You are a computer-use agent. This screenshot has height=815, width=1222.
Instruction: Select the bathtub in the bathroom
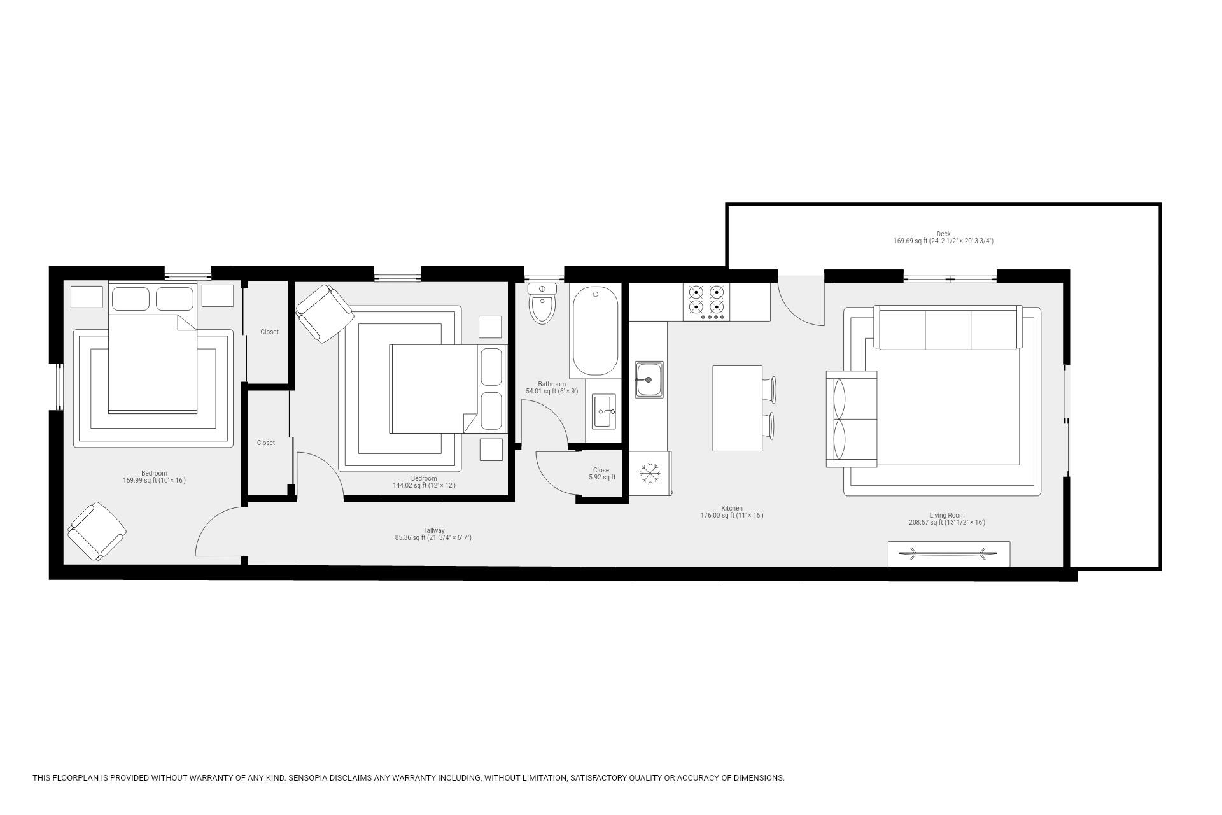pos(595,331)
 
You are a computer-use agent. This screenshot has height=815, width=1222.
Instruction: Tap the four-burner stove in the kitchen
pos(706,302)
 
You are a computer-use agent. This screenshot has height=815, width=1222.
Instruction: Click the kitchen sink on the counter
pos(649,379)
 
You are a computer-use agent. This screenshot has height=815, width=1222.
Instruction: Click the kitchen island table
pos(737,408)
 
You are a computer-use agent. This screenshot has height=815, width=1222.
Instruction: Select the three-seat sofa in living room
pos(948,328)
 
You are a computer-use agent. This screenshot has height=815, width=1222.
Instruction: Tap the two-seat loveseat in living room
pos(852,418)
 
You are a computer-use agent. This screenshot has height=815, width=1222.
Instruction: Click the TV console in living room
pos(948,553)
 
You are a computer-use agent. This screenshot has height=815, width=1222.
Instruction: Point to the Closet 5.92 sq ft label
pos(601,474)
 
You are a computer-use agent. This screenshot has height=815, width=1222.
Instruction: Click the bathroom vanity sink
pos(603,411)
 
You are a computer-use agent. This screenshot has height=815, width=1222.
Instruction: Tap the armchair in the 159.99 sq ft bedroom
pos(97,531)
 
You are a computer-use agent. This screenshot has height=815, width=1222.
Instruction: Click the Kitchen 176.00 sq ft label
pos(731,512)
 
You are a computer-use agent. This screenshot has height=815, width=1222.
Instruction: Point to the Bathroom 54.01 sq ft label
pos(551,388)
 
